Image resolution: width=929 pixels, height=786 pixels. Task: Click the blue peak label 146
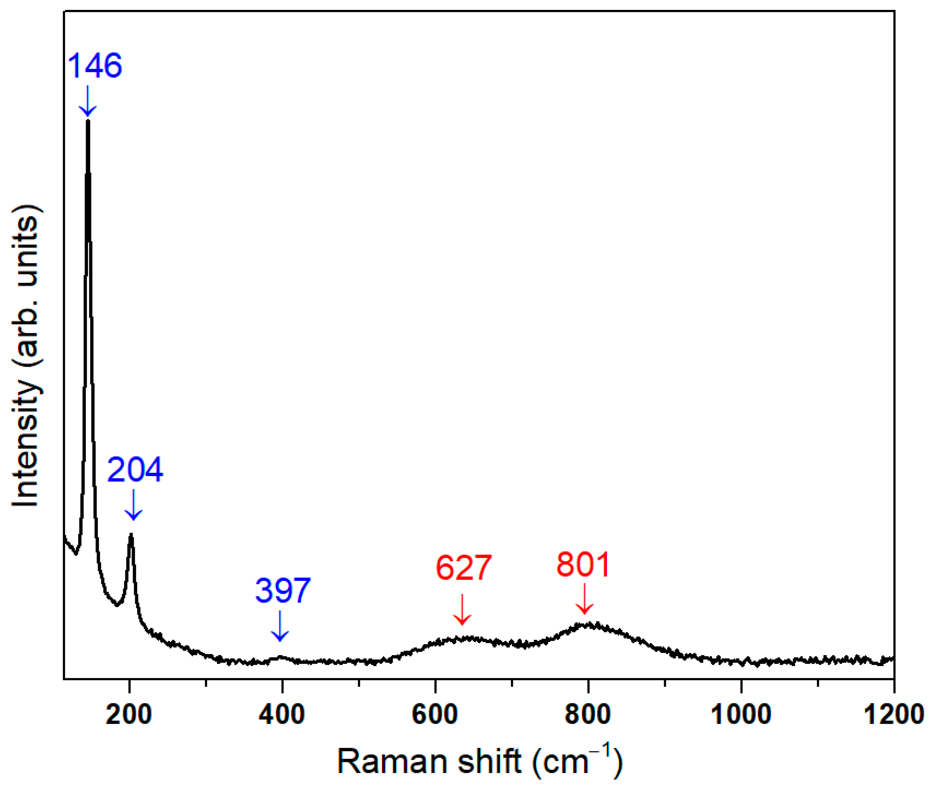[x=94, y=65]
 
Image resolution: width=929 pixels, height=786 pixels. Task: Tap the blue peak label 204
[x=135, y=470]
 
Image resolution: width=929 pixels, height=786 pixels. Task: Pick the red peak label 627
[x=463, y=568]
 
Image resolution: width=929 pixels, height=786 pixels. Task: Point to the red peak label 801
[x=583, y=565]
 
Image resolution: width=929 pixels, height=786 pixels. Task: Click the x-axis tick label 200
[x=129, y=714]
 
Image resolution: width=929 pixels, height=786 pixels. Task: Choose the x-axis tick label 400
[x=282, y=714]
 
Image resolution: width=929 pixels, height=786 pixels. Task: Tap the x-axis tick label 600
[x=435, y=714]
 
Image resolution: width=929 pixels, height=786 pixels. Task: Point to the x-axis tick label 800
[x=588, y=714]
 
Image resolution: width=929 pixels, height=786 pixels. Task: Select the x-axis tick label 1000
[x=740, y=714]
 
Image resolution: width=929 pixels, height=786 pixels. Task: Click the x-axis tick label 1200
[x=893, y=714]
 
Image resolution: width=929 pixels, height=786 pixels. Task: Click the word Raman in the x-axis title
[x=392, y=762]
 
